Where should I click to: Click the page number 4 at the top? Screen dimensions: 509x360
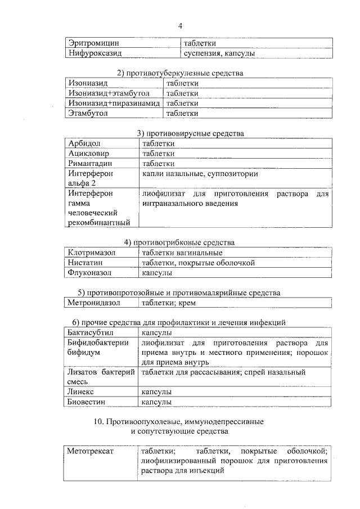click(180, 26)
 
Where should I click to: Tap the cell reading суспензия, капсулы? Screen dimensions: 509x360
click(220, 53)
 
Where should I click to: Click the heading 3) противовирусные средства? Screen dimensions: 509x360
click(191, 133)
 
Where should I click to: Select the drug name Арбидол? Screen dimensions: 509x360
click(84, 143)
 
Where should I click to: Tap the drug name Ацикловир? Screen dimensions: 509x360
click(89, 154)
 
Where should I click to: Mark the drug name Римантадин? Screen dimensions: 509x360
click(91, 164)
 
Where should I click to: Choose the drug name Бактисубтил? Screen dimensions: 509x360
click(91, 332)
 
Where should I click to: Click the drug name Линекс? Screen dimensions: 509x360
click(81, 391)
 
